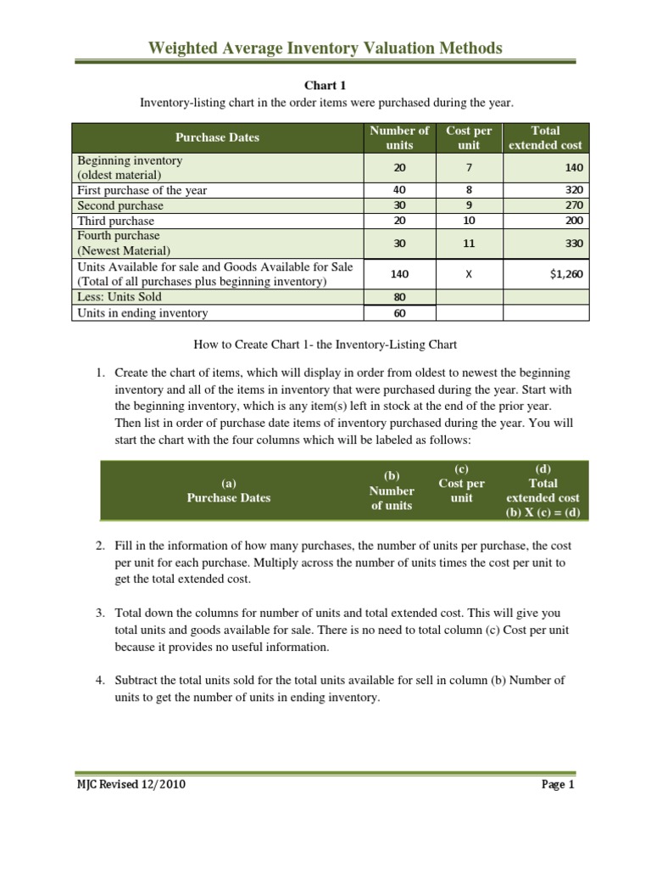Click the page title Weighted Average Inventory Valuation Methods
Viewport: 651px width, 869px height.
click(x=325, y=48)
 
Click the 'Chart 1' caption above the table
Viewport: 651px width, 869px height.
click(x=325, y=86)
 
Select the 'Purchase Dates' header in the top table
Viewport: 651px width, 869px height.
click(x=217, y=137)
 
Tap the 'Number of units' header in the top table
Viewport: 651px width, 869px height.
click(x=399, y=137)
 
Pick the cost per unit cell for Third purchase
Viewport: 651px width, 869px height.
click(x=468, y=221)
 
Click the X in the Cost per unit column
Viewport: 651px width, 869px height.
click(x=468, y=274)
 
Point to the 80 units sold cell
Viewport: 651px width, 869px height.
click(x=399, y=297)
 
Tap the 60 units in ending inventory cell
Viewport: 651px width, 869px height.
click(x=399, y=313)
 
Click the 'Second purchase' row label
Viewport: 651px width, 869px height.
click(x=120, y=205)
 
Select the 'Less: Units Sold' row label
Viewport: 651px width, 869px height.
click(x=120, y=297)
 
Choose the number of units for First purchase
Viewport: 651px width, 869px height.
click(x=399, y=190)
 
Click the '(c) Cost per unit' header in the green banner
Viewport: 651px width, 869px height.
click(x=461, y=484)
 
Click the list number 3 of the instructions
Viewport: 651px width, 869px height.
click(x=99, y=613)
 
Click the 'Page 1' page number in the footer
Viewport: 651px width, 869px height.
click(x=558, y=785)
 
